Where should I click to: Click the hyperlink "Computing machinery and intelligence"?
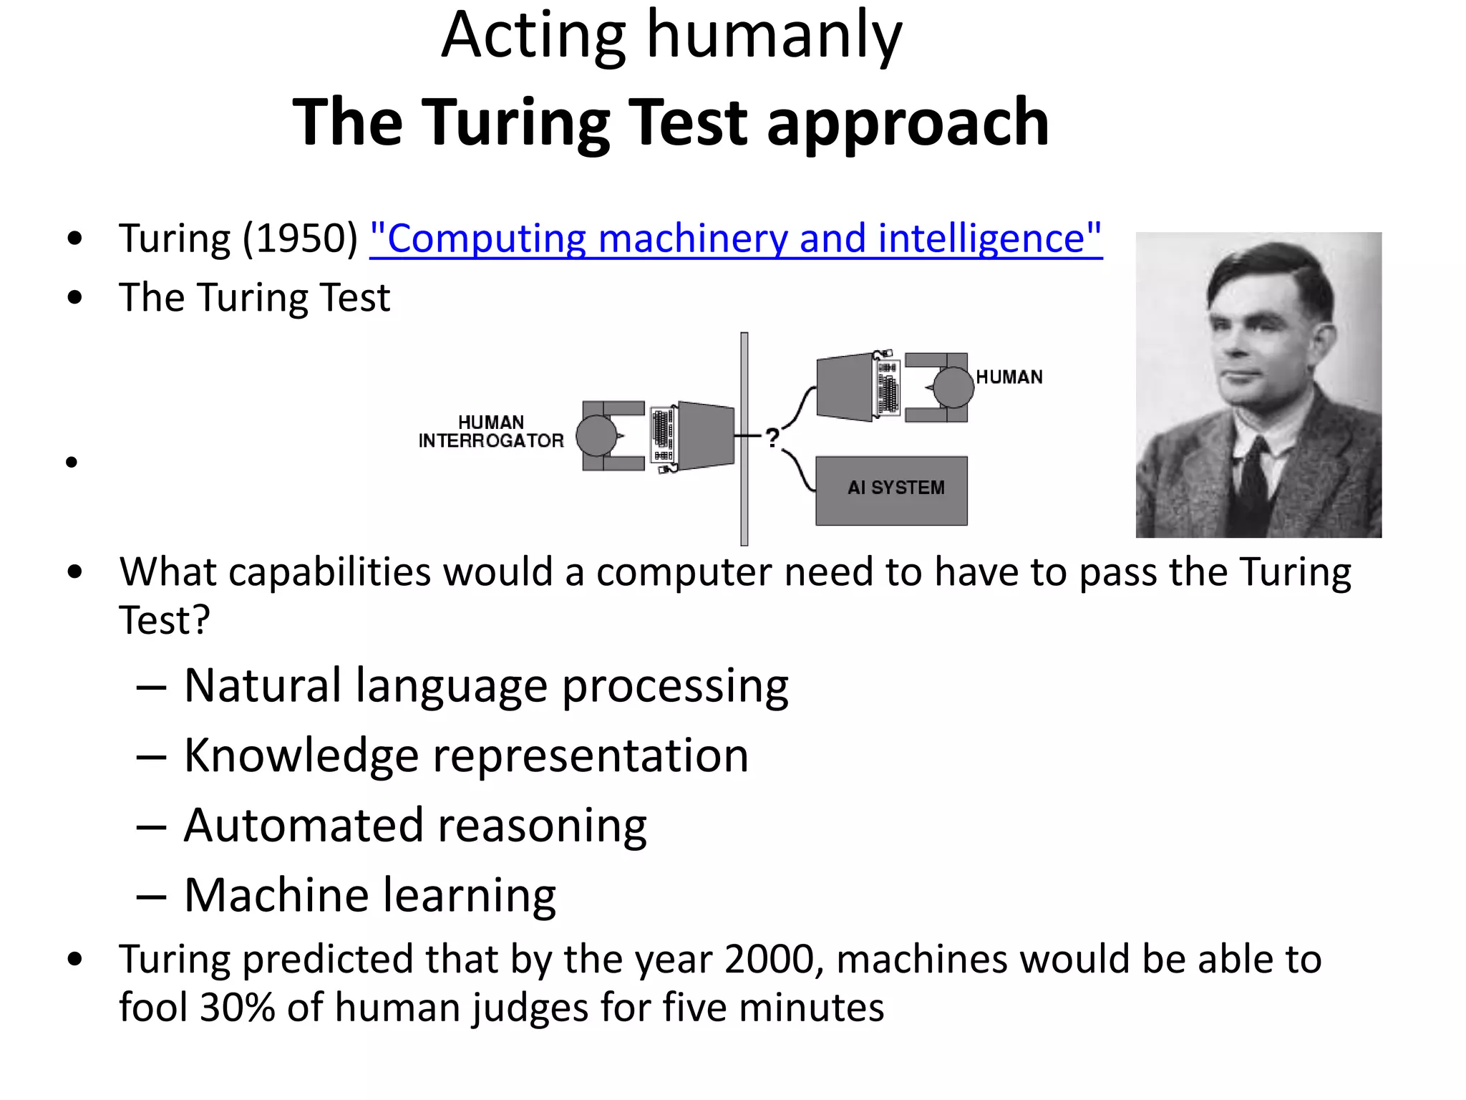coord(736,238)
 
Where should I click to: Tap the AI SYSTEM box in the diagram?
coord(891,491)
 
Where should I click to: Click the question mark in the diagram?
coord(772,438)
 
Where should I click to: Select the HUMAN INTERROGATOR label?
coord(491,431)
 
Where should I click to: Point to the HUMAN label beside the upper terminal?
coord(1009,377)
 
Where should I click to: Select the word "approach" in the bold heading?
coord(908,122)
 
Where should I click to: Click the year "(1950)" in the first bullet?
coord(300,238)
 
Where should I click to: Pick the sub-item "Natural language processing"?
coord(486,685)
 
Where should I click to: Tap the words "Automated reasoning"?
coord(415,825)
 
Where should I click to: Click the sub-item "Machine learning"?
coord(370,894)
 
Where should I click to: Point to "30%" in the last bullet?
coord(238,1007)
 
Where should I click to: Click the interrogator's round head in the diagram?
coord(596,435)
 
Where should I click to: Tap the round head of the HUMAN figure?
coord(953,387)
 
